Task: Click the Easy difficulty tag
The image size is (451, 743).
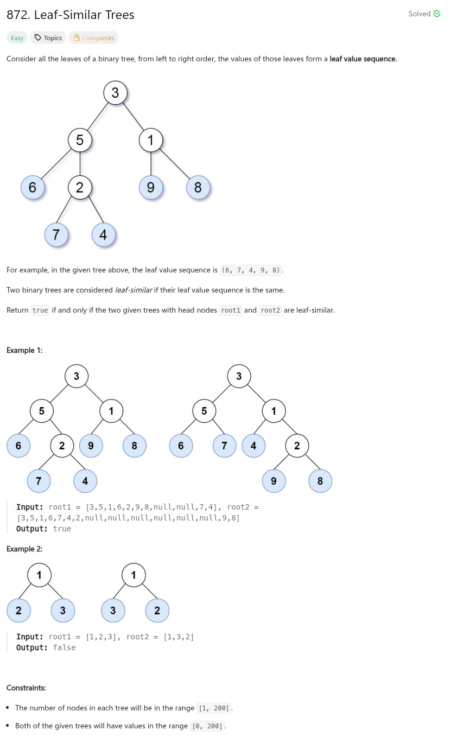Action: [17, 38]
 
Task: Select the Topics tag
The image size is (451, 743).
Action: [48, 38]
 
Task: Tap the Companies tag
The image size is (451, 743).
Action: [93, 38]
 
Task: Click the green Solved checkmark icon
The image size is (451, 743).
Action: [437, 14]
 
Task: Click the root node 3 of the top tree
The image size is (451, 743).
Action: [115, 93]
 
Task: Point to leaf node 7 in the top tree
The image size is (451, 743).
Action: [56, 235]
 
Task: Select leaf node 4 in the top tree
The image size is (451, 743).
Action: [103, 235]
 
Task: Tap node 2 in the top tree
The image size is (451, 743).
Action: [80, 188]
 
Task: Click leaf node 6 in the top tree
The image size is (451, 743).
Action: [33, 188]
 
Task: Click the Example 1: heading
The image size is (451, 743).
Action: [24, 350]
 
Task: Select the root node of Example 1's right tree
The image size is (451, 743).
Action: [239, 376]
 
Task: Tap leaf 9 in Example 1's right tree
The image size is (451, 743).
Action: [274, 481]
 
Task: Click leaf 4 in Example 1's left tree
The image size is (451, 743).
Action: [85, 481]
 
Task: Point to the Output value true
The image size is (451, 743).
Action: [62, 529]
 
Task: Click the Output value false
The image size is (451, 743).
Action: [64, 647]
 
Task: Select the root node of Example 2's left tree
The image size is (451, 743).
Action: [40, 575]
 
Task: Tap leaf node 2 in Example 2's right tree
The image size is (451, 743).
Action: [157, 611]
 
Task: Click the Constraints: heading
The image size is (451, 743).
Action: [26, 688]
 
